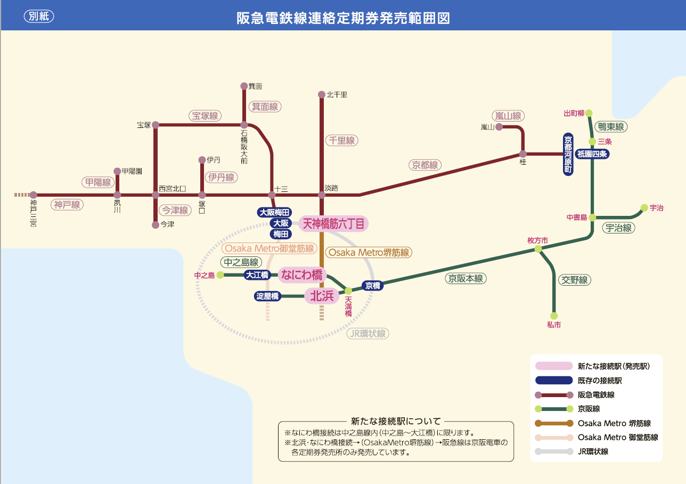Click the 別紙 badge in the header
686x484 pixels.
[39, 16]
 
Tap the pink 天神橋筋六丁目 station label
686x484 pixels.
[333, 223]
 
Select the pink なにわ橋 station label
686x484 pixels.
[301, 275]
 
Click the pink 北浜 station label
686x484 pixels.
[322, 296]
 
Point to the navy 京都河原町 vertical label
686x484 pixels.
[568, 154]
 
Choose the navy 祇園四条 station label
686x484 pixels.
[592, 154]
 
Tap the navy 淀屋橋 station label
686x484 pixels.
[267, 296]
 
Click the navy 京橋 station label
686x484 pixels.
[372, 286]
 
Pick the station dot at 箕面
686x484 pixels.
[244, 86]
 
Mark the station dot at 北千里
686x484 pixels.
[322, 94]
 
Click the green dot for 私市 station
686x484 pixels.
[554, 316]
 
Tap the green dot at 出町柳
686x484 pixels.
[589, 113]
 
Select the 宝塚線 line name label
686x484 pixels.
[205, 116]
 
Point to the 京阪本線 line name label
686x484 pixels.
[466, 279]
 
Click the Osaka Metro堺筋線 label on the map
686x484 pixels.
[369, 253]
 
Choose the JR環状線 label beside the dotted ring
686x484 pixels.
[368, 334]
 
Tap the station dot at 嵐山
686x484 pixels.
[499, 126]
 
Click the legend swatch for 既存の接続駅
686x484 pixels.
[554, 380]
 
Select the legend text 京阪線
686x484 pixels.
[589, 409]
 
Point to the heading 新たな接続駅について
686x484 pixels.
[396, 422]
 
